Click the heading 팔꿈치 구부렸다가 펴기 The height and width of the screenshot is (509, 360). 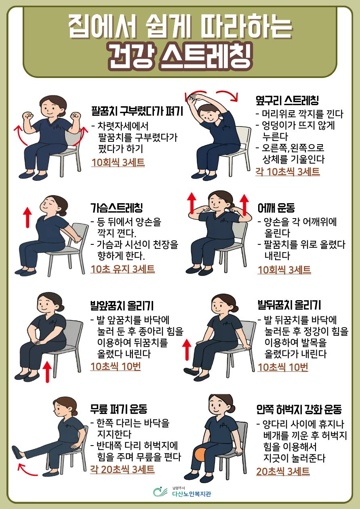[x=137, y=111]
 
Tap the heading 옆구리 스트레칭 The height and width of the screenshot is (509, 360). [x=287, y=100]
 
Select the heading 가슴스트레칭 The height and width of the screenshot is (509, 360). [x=117, y=208]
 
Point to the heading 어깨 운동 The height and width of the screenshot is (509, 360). [x=276, y=208]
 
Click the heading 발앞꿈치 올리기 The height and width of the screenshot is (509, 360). [x=122, y=306]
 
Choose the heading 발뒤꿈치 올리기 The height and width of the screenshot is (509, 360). [x=289, y=305]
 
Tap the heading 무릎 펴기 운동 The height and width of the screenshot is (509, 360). [x=119, y=409]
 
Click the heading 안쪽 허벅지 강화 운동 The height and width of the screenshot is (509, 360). [x=299, y=409]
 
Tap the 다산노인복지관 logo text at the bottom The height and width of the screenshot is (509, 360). [x=192, y=494]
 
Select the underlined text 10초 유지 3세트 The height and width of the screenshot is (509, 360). [x=122, y=269]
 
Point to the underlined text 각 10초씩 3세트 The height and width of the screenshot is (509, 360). [x=288, y=172]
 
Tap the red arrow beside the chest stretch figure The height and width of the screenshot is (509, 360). [x=28, y=217]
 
